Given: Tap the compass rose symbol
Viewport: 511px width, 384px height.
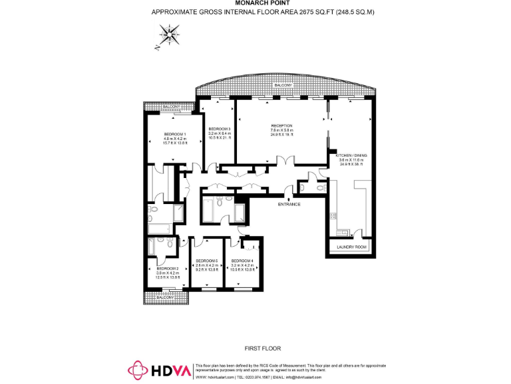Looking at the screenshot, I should [170, 34].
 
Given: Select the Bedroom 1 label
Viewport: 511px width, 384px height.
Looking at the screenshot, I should [175, 135].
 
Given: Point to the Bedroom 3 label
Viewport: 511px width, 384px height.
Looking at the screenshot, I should [219, 129].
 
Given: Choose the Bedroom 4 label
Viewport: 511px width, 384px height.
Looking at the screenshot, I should [242, 261].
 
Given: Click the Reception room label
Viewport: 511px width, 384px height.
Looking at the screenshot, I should [281, 126].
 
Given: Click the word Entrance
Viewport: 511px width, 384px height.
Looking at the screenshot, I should [289, 204].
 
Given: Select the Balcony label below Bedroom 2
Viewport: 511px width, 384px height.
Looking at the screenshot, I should [164, 297].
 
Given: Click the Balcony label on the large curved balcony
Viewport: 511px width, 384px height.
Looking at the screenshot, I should [282, 85].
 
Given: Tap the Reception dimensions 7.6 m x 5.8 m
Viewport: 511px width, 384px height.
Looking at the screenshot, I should [281, 131].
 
